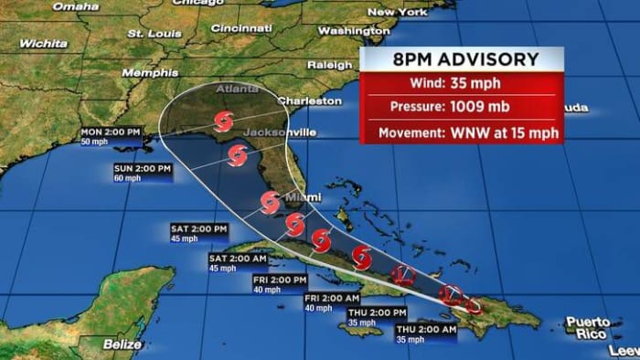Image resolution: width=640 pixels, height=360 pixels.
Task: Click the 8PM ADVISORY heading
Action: [x=464, y=60]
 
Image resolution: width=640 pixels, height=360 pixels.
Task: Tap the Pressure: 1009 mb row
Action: [x=461, y=108]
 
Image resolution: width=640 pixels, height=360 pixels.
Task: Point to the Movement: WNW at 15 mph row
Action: [x=461, y=132]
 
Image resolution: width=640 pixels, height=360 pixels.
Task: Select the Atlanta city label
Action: [x=237, y=90]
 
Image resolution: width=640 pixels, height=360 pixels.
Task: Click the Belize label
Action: [x=123, y=344]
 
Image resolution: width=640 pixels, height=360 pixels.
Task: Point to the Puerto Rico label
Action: [x=587, y=328]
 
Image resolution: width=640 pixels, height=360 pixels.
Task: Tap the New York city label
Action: [x=397, y=12]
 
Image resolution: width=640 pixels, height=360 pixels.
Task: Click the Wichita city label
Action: [x=43, y=43]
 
